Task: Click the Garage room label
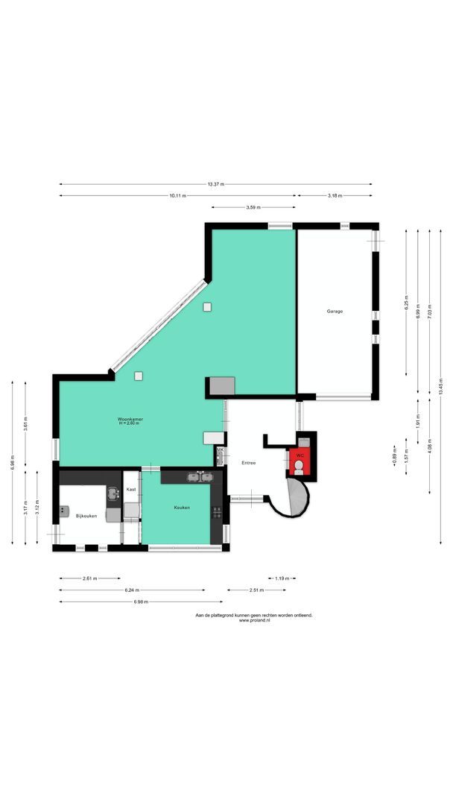[x=335, y=311]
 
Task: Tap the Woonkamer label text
[x=130, y=420]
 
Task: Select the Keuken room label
[x=182, y=508]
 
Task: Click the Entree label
[x=249, y=463]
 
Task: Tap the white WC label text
[x=300, y=455]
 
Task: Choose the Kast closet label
[x=131, y=490]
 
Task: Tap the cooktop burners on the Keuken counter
[x=217, y=511]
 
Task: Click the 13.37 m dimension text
[x=216, y=184]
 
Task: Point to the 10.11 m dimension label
[x=177, y=195]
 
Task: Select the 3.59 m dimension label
[x=252, y=207]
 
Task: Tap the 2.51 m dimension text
[x=256, y=590]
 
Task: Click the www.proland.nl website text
[x=254, y=620]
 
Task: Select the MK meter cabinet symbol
[x=220, y=452]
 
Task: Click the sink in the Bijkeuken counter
[x=113, y=493]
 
